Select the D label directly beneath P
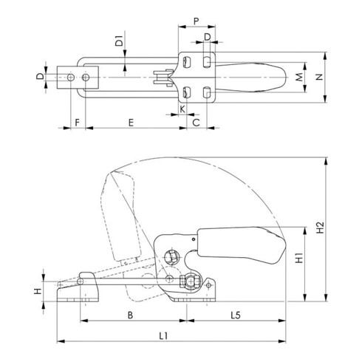208,35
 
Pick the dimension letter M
298,77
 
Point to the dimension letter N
320,77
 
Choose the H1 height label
298,261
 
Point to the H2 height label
319,229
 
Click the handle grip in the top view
255,77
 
